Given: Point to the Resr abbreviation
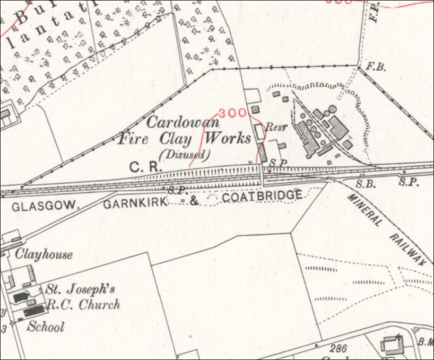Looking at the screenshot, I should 276,127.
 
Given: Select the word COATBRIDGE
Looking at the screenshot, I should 262,197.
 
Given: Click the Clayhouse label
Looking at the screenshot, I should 44,254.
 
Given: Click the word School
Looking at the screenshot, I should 45,326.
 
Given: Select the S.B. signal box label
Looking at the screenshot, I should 366,183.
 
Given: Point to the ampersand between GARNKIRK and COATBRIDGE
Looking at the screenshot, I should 194,200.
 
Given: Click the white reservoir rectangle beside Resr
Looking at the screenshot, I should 258,131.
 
